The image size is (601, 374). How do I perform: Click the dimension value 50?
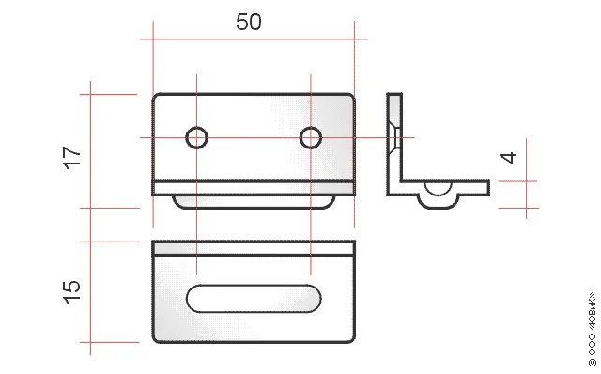[x=249, y=22]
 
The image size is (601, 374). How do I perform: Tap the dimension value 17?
[x=72, y=157]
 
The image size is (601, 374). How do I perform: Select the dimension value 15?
[x=72, y=292]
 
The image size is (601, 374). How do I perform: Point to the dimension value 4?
[x=508, y=158]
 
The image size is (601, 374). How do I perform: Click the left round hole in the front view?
[x=196, y=137]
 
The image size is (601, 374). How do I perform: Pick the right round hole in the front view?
[x=311, y=137]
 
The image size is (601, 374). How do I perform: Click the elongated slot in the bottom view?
[x=254, y=299]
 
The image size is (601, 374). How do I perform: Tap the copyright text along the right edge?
[x=593, y=329]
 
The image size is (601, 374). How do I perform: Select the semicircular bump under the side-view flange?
[x=439, y=201]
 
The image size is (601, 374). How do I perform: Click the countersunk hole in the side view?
[x=394, y=138]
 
